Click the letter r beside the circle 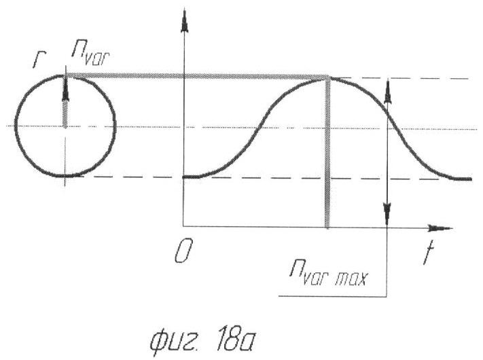click(x=39, y=60)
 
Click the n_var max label click(x=329, y=274)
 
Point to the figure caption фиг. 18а click(x=202, y=340)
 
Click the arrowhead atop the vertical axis click(x=185, y=21)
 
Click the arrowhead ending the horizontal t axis click(x=441, y=228)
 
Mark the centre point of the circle click(x=65, y=126)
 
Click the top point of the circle click(x=65, y=75)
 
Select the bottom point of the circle click(x=65, y=176)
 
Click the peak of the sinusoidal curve click(x=328, y=79)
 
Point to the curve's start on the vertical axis click(x=184, y=177)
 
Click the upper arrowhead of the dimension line click(x=387, y=91)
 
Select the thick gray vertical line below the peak click(x=327, y=153)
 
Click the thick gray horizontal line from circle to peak click(x=197, y=75)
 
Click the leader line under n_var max click(x=333, y=296)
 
